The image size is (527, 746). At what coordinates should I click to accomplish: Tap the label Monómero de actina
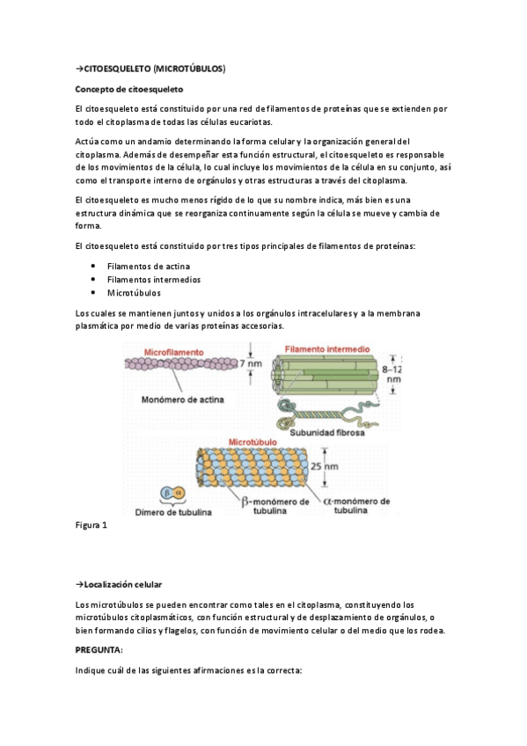click(x=182, y=398)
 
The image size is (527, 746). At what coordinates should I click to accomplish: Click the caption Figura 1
click(x=91, y=525)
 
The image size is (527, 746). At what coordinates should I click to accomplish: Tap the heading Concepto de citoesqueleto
click(x=128, y=89)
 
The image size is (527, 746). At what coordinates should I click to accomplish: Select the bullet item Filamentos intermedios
click(x=153, y=279)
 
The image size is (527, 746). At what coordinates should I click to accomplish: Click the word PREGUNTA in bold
click(x=99, y=649)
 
